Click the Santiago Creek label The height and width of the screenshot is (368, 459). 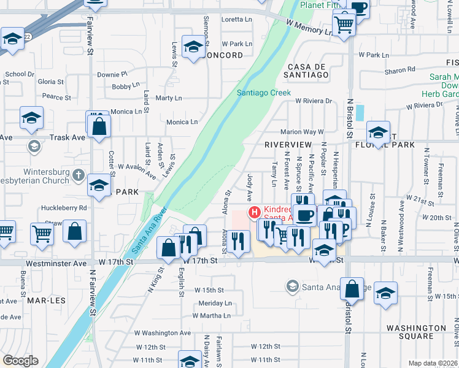coord(264,93)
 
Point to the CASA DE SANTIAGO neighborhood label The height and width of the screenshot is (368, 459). coord(306,70)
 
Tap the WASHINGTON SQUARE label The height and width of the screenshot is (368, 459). coord(415,332)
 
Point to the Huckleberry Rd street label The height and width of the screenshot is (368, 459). coord(62,208)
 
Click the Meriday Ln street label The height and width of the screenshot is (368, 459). coord(215,303)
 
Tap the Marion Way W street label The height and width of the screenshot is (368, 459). coord(301,132)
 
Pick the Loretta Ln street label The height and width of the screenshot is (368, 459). coord(236,20)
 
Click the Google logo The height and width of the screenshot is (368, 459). coord(20,361)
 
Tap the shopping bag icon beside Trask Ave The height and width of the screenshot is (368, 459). coord(99,127)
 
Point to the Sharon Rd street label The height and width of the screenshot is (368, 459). coord(400,70)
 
